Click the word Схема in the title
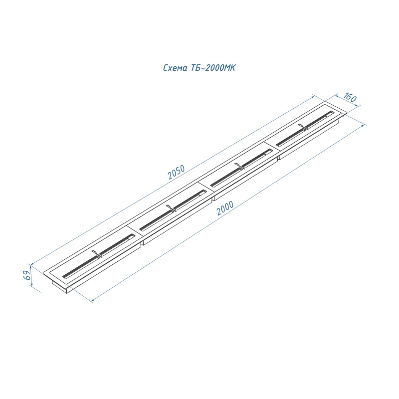click(x=175, y=68)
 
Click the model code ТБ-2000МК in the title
click(x=213, y=68)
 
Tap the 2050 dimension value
click(x=177, y=172)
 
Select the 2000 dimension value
click(x=225, y=208)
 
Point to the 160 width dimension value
click(x=350, y=97)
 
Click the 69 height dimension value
click(x=27, y=275)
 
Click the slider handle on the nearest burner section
click(x=97, y=254)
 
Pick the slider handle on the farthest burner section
click(x=303, y=127)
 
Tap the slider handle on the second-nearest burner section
click(x=171, y=208)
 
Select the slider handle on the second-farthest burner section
click(x=239, y=166)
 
